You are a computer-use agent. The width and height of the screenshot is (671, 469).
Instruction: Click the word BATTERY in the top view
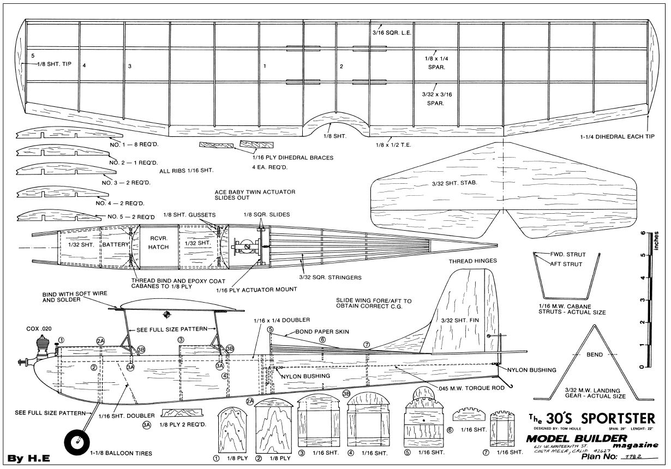(x=115, y=245)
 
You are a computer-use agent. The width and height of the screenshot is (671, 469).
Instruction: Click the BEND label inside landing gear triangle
(x=595, y=354)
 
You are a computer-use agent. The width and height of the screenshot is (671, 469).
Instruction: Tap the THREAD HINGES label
(x=472, y=261)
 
